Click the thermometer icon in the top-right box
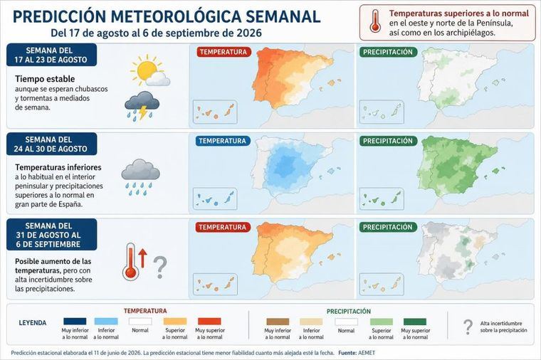tap(375, 22)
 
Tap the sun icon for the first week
tap(147, 69)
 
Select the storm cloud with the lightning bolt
tap(142, 105)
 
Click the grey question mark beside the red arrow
tap(159, 268)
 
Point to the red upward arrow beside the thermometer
tap(142, 259)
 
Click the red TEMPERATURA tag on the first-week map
tap(224, 52)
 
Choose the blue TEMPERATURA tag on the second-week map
tap(223, 141)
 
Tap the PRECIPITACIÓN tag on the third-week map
tap(388, 227)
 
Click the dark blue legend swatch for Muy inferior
tap(75, 322)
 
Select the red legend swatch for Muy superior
tap(209, 322)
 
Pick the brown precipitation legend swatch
tap(278, 322)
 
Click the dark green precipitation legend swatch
tap(415, 322)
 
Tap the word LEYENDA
tap(33, 323)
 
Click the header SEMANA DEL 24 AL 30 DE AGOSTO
tap(51, 144)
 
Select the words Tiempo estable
tap(45, 79)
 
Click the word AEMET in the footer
tap(367, 353)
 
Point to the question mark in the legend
tap(468, 327)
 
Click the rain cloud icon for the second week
tap(140, 177)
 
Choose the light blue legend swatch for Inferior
tap(106, 322)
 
